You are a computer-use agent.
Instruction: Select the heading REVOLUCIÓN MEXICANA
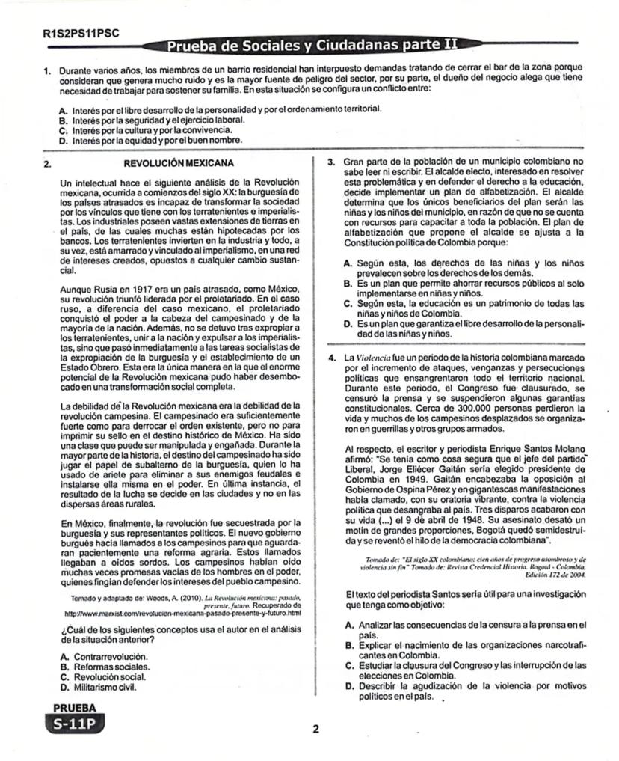click(178, 162)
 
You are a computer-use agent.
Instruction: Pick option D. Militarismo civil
click(104, 685)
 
